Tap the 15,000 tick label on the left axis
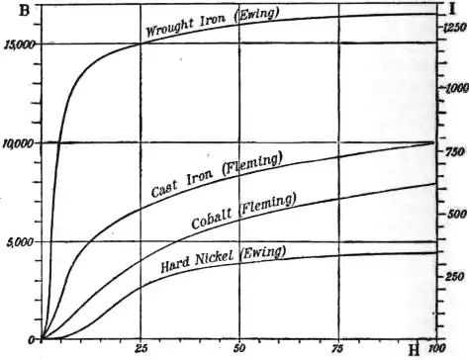coord(20,45)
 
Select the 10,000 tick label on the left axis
coord(20,144)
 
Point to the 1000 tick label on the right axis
coord(454,88)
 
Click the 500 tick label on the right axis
coord(455,214)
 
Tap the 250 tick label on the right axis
coord(455,276)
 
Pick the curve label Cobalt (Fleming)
coord(242,211)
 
